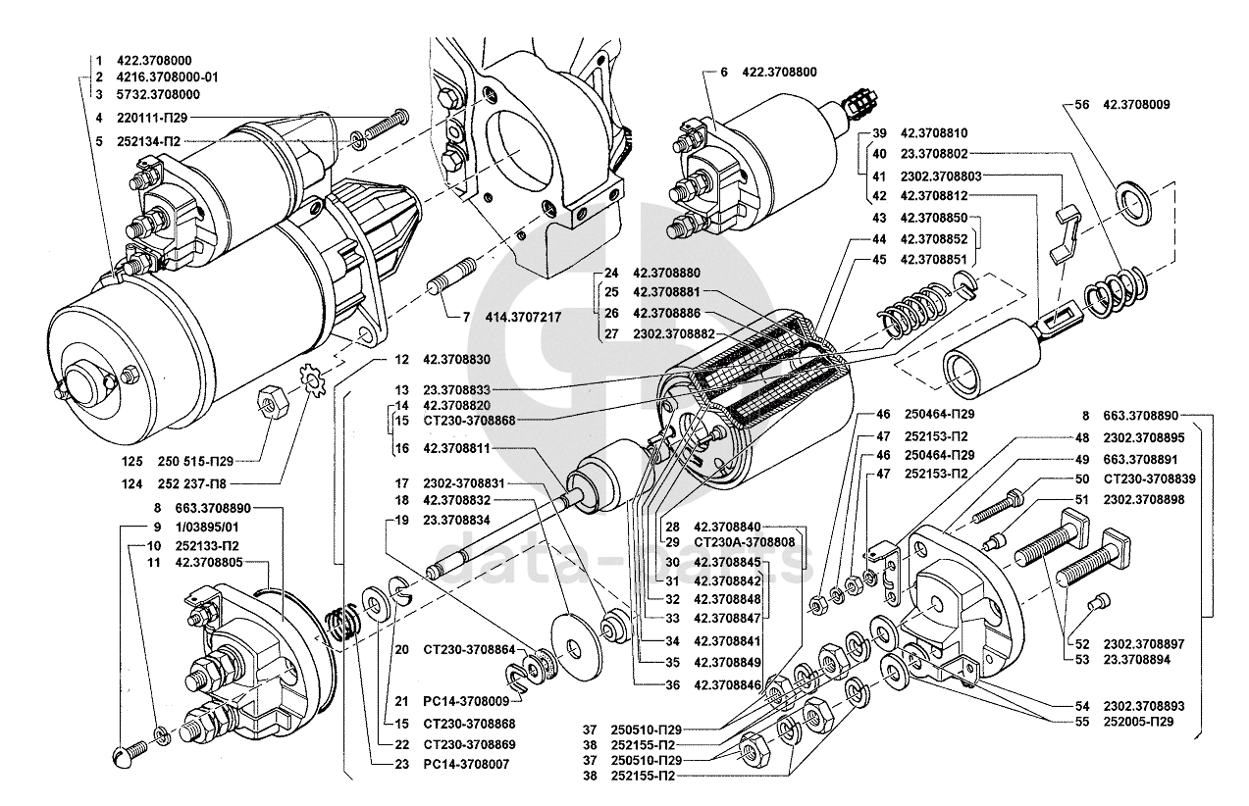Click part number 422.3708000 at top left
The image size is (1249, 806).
pos(156,61)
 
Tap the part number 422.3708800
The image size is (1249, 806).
pos(779,72)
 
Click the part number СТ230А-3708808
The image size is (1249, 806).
pos(744,541)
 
